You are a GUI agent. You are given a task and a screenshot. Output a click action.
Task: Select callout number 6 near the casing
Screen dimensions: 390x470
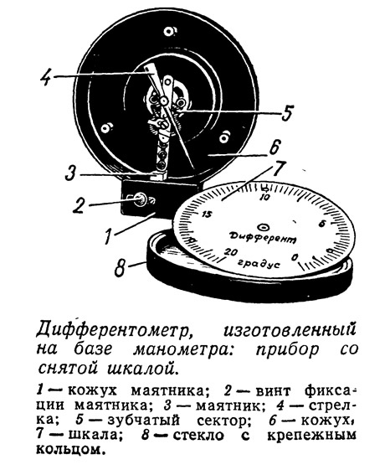(x=274, y=147)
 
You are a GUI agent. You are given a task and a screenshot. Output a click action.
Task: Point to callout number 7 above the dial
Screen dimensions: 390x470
(x=277, y=170)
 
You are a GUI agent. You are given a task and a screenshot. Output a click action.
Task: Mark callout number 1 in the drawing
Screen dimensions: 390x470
(x=109, y=236)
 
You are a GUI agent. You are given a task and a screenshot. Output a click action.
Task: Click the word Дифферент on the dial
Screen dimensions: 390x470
(x=263, y=237)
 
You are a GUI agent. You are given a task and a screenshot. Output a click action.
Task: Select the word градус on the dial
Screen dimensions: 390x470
(x=259, y=263)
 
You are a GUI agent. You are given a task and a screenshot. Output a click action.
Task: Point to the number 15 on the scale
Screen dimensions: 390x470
(x=207, y=214)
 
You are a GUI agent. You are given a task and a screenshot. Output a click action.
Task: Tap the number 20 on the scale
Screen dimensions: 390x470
(x=231, y=252)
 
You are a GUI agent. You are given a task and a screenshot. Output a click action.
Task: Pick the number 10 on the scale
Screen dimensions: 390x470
(x=265, y=197)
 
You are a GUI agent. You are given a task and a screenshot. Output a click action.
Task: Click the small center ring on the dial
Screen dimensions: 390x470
(x=264, y=227)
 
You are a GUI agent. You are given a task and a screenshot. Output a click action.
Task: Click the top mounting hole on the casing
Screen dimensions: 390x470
(x=169, y=30)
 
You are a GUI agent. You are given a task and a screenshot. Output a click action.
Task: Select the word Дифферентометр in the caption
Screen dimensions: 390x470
(x=113, y=329)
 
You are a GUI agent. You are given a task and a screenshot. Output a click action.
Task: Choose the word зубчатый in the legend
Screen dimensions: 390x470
(x=143, y=420)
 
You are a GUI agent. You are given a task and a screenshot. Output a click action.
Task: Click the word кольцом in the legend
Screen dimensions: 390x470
(x=71, y=449)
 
